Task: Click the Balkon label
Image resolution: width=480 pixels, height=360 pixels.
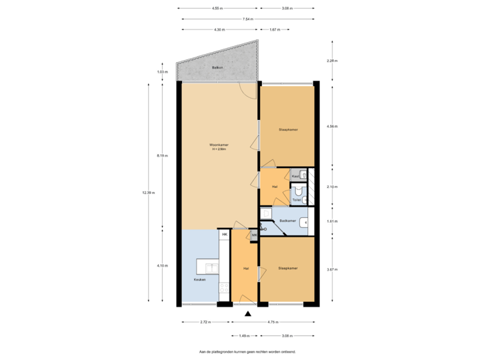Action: [x=217, y=69]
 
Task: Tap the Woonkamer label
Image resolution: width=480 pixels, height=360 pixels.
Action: [x=219, y=147]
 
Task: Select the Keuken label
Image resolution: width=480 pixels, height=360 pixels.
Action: [x=200, y=279]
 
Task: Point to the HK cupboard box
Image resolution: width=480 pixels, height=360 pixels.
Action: [x=225, y=235]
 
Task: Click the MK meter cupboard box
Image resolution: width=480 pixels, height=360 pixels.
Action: [x=254, y=235]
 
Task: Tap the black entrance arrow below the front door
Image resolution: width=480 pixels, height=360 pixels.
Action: [x=248, y=313]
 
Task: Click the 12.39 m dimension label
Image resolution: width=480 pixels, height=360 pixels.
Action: [x=148, y=193]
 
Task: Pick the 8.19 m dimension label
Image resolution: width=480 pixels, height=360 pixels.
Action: [x=162, y=155]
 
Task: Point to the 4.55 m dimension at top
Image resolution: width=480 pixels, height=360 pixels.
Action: [x=217, y=9]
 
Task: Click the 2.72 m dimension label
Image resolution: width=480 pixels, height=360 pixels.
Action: [x=205, y=322]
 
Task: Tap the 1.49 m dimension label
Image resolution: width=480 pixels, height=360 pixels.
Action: [x=244, y=335]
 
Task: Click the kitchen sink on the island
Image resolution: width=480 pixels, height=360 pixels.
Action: [x=213, y=269]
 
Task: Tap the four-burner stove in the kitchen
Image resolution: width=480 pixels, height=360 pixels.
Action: [x=225, y=287]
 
